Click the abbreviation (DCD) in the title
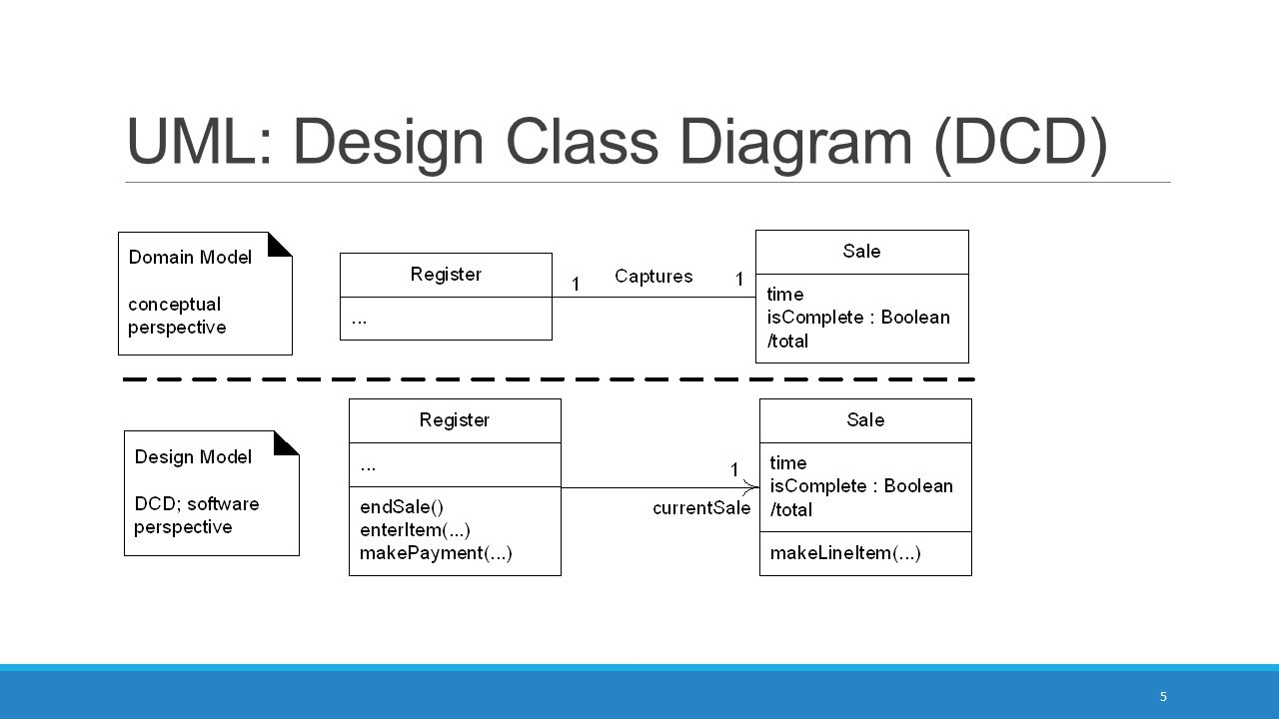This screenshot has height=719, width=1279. click(x=1021, y=144)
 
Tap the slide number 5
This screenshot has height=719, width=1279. click(x=1163, y=696)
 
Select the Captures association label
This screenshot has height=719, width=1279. click(x=653, y=277)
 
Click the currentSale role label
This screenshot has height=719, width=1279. click(x=701, y=508)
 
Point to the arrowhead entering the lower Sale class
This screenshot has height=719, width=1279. click(x=751, y=487)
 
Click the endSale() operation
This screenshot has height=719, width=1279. click(x=402, y=506)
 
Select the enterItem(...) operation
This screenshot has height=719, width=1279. click(x=415, y=530)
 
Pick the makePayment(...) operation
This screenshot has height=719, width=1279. click(x=436, y=553)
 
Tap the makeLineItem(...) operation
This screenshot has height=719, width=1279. click(x=845, y=553)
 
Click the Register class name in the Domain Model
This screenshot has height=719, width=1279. click(x=446, y=275)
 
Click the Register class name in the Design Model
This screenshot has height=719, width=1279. click(x=455, y=420)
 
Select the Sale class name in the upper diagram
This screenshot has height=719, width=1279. click(x=861, y=251)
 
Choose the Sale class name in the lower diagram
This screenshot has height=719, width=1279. click(x=865, y=420)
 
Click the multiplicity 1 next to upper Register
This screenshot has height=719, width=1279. click(x=576, y=284)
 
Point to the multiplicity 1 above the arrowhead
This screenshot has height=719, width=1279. click(x=734, y=469)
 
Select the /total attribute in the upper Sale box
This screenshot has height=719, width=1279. click(x=787, y=342)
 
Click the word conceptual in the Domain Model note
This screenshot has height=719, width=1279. click(x=174, y=306)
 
